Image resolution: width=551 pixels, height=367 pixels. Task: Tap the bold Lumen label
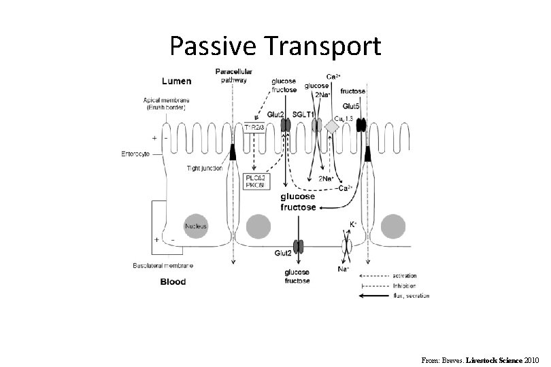(x=176, y=80)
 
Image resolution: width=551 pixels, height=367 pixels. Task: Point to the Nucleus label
(x=196, y=225)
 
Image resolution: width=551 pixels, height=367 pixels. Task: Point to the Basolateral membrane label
(x=163, y=265)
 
